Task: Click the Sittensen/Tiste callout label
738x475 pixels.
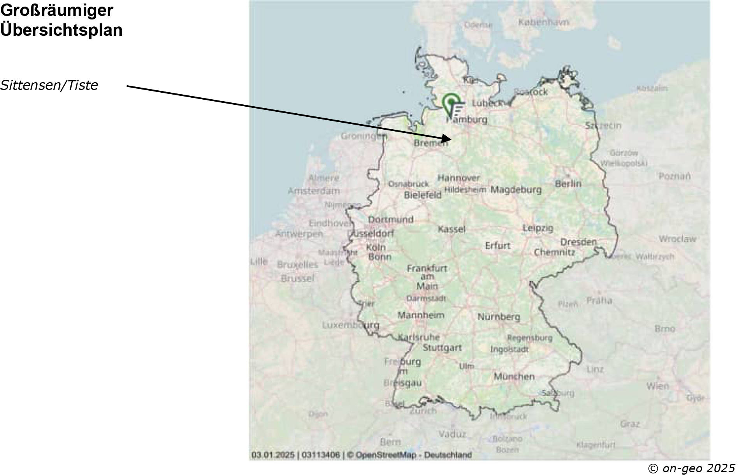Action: tap(49, 85)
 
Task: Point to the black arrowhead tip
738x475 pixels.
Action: tap(451, 139)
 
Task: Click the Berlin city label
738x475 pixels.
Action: tap(568, 184)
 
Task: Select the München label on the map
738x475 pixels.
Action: tap(514, 376)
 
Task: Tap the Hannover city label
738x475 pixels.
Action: tap(459, 178)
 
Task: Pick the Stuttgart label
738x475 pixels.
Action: tap(442, 348)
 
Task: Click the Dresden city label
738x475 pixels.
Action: tap(578, 242)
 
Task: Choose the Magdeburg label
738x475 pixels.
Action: tap(515, 190)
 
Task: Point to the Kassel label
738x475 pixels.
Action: tap(452, 229)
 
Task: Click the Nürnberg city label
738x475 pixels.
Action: tap(499, 317)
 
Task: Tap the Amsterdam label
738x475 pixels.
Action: tap(313, 191)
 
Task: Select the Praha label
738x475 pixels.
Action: tap(599, 300)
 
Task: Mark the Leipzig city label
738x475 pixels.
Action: tap(538, 228)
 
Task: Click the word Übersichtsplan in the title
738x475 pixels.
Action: tap(61, 30)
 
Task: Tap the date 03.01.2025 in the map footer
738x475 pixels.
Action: tap(273, 454)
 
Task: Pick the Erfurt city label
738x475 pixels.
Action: tap(497, 246)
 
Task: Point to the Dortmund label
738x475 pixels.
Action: tap(390, 220)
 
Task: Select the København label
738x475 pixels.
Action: tap(543, 23)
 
